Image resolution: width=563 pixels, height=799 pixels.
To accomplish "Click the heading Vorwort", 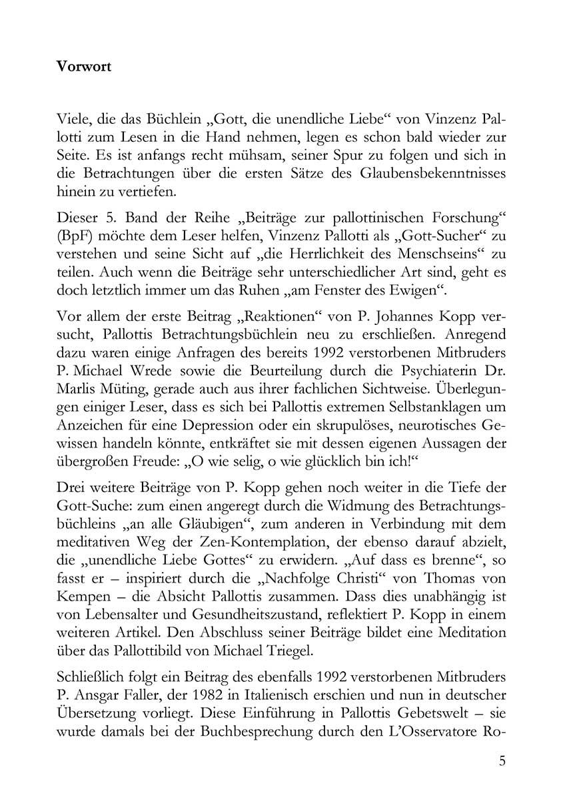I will [83, 67].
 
